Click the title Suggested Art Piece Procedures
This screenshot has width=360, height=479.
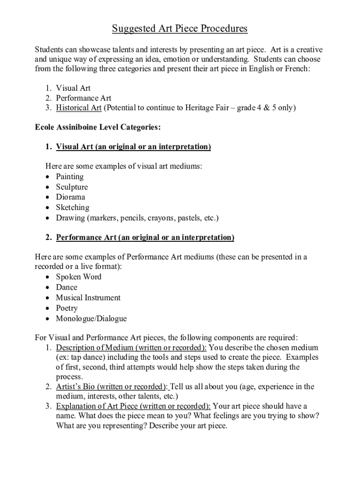tap(180, 29)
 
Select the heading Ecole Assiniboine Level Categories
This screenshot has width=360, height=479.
tap(98, 127)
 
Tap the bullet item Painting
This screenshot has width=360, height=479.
tap(70, 177)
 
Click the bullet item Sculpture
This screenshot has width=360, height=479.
tap(72, 187)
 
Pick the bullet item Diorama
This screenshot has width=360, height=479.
tap(71, 197)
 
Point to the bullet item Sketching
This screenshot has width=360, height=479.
tap(72, 207)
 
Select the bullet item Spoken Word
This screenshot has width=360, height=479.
tap(79, 277)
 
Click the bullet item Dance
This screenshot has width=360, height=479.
tap(66, 287)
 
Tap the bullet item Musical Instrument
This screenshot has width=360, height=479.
tap(88, 298)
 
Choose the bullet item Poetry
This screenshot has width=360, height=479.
tap(67, 308)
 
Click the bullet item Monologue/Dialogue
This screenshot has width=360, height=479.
tap(91, 319)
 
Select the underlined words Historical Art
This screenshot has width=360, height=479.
tap(79, 108)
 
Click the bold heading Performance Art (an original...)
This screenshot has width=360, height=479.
tap(145, 238)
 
